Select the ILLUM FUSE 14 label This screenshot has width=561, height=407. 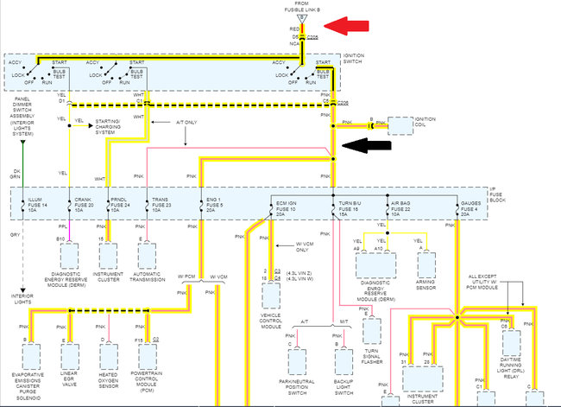click(x=41, y=204)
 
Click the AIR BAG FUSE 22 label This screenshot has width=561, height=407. click(x=405, y=204)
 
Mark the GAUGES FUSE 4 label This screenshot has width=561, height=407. click(x=472, y=204)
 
